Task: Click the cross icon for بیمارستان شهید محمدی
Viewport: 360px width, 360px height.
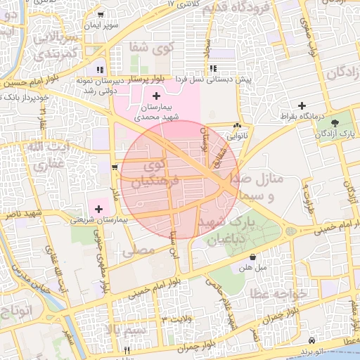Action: tap(156, 95)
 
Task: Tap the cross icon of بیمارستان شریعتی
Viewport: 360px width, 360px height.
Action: tap(98, 208)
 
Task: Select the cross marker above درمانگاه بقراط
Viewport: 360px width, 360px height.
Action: tap(302, 105)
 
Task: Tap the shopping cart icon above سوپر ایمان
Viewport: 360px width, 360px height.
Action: tap(101, 15)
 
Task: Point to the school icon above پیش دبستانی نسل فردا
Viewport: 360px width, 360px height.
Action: tap(212, 69)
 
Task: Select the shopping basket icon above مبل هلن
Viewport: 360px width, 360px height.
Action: tap(252, 257)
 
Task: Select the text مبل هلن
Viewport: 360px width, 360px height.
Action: tap(252, 268)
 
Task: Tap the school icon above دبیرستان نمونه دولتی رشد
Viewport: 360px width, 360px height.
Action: tap(101, 70)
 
